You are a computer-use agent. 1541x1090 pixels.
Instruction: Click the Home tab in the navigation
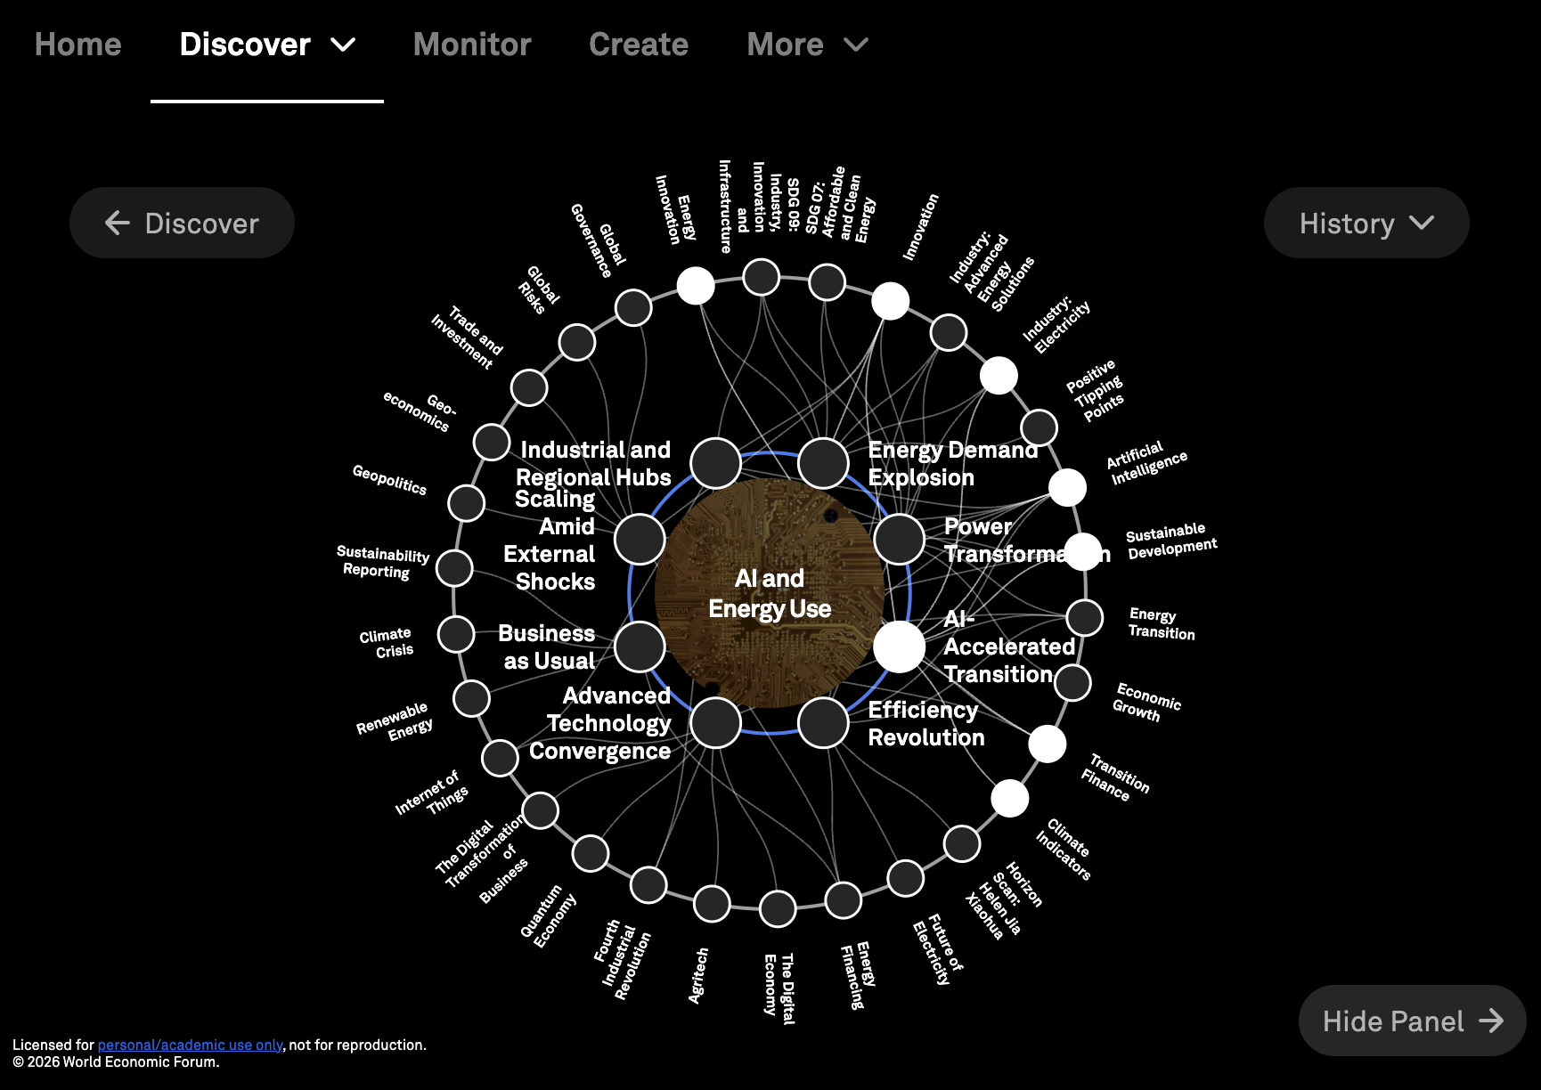click(x=77, y=45)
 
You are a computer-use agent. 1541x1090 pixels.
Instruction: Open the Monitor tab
click(x=472, y=45)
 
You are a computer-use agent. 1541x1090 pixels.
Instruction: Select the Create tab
click(x=639, y=45)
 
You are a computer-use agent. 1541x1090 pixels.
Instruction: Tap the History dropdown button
click(x=1366, y=224)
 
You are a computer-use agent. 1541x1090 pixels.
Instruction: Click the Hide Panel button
click(x=1412, y=1021)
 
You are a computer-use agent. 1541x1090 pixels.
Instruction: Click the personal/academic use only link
click(x=190, y=1045)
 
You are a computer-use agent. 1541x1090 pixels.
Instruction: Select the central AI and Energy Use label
click(x=770, y=593)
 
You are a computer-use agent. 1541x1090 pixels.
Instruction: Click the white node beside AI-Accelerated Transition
click(x=899, y=647)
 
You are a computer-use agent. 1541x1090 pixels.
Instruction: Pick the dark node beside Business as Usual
click(x=640, y=647)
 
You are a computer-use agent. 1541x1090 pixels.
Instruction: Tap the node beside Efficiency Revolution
click(x=823, y=722)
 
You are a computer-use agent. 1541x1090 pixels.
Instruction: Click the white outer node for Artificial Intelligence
click(x=1067, y=487)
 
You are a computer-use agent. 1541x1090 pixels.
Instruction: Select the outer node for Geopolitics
click(x=467, y=503)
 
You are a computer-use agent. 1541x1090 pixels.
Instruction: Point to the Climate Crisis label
click(x=387, y=642)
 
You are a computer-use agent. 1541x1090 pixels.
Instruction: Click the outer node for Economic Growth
click(x=1072, y=683)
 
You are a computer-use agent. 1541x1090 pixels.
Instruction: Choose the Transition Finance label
click(x=1115, y=777)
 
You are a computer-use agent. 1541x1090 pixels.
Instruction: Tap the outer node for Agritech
click(x=712, y=904)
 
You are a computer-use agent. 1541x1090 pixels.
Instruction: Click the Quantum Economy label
click(x=548, y=916)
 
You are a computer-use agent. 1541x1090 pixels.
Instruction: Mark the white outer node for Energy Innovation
click(x=696, y=286)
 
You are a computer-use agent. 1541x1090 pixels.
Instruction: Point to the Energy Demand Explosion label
click(x=951, y=463)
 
